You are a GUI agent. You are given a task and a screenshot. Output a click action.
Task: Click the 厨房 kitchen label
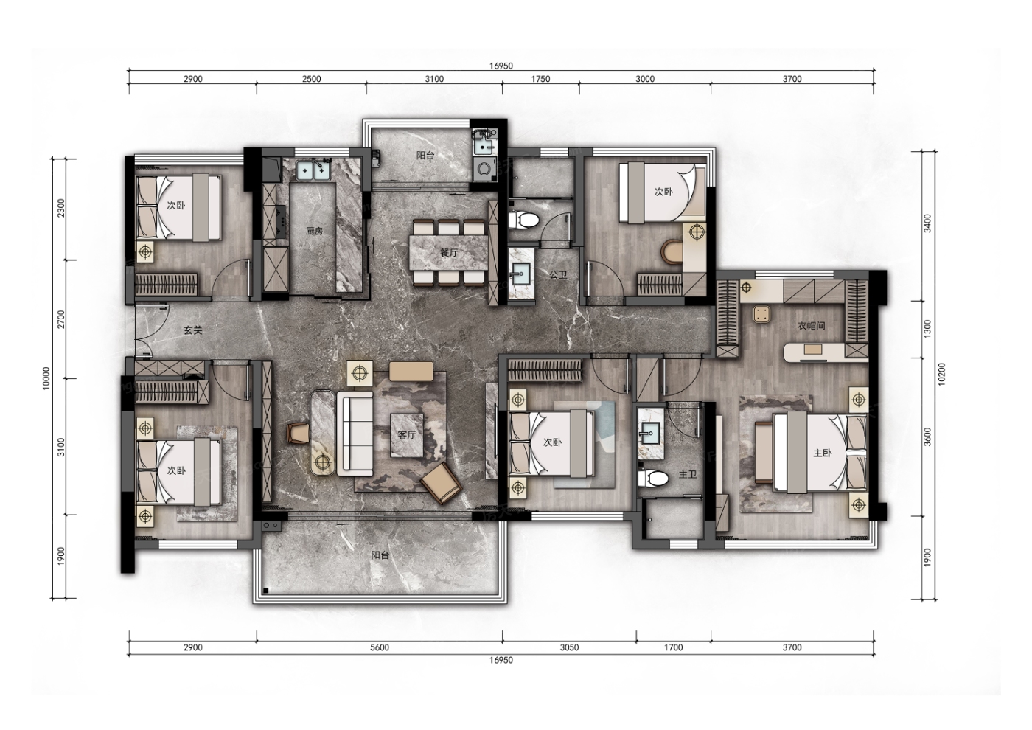(x=314, y=231)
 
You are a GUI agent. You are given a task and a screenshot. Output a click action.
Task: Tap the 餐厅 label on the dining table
(x=449, y=252)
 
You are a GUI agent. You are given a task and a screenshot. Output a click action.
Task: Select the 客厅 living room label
(x=407, y=434)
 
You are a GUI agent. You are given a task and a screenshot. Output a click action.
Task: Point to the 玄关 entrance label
(x=193, y=330)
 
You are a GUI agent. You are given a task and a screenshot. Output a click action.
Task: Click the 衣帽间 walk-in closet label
(x=812, y=326)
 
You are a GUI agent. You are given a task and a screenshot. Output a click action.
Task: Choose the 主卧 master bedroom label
(x=823, y=453)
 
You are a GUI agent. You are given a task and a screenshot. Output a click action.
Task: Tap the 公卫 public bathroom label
(x=559, y=275)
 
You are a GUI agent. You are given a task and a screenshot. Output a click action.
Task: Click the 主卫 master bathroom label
(x=688, y=474)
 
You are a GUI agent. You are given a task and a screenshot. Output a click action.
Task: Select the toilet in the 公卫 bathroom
(x=524, y=220)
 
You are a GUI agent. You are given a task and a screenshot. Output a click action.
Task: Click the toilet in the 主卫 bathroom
(x=653, y=479)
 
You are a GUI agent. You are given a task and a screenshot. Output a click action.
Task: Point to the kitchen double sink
(x=313, y=170)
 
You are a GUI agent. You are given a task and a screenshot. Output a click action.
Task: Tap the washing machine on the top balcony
(x=484, y=170)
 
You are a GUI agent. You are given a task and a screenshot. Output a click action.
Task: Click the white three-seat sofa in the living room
(x=355, y=434)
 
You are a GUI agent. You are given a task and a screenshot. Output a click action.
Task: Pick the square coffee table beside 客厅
(x=407, y=435)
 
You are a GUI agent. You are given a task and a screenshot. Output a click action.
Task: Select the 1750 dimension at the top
(x=540, y=79)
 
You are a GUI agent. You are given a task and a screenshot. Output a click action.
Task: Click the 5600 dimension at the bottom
(x=380, y=647)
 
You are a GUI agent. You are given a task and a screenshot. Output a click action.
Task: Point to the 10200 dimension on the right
(x=941, y=375)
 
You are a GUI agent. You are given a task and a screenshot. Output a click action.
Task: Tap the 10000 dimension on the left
(x=46, y=378)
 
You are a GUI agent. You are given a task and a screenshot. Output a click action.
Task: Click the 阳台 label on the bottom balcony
(x=380, y=555)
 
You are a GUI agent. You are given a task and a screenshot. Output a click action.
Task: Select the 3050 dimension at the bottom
(x=569, y=647)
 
